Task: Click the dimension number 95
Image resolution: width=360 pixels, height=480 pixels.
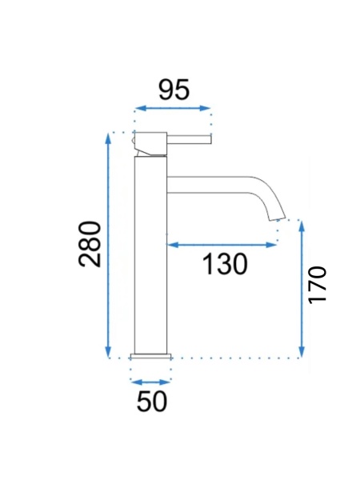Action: click(x=174, y=90)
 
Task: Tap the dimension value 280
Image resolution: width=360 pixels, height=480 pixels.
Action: click(x=90, y=244)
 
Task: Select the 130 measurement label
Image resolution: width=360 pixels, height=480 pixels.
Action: click(x=225, y=264)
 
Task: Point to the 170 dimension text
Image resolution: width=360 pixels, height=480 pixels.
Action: click(x=318, y=286)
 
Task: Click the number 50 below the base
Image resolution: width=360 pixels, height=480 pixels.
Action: click(x=152, y=402)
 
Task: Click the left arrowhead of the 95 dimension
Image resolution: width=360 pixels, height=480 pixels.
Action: click(x=140, y=108)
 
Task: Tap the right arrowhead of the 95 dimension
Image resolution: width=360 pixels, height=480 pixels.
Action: click(x=205, y=108)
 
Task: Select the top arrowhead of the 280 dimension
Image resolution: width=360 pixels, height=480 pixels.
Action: click(x=107, y=138)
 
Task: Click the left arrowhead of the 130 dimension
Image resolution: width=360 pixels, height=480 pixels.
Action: click(x=173, y=245)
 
